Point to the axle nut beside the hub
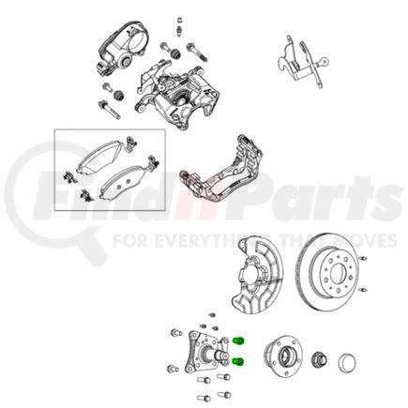[x=316, y=359]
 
